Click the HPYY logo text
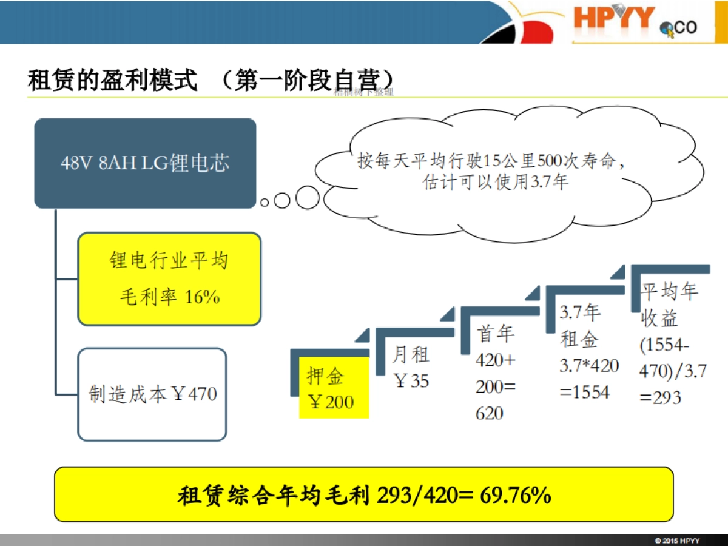coord(614,18)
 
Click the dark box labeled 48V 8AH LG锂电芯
coord(145,163)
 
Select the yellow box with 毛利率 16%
coord(169,279)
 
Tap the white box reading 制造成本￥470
coord(152,394)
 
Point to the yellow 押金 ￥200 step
coord(333,388)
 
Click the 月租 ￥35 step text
coord(411,367)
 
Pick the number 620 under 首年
coord(490,414)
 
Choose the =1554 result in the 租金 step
coord(584,392)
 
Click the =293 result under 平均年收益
coord(661,397)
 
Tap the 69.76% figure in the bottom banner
coord(516,495)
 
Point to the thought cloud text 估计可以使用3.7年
coord(496,181)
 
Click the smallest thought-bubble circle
coord(265,203)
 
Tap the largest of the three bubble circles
coord(307,197)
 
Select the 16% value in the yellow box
coord(202,297)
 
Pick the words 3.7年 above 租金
coord(579,312)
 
